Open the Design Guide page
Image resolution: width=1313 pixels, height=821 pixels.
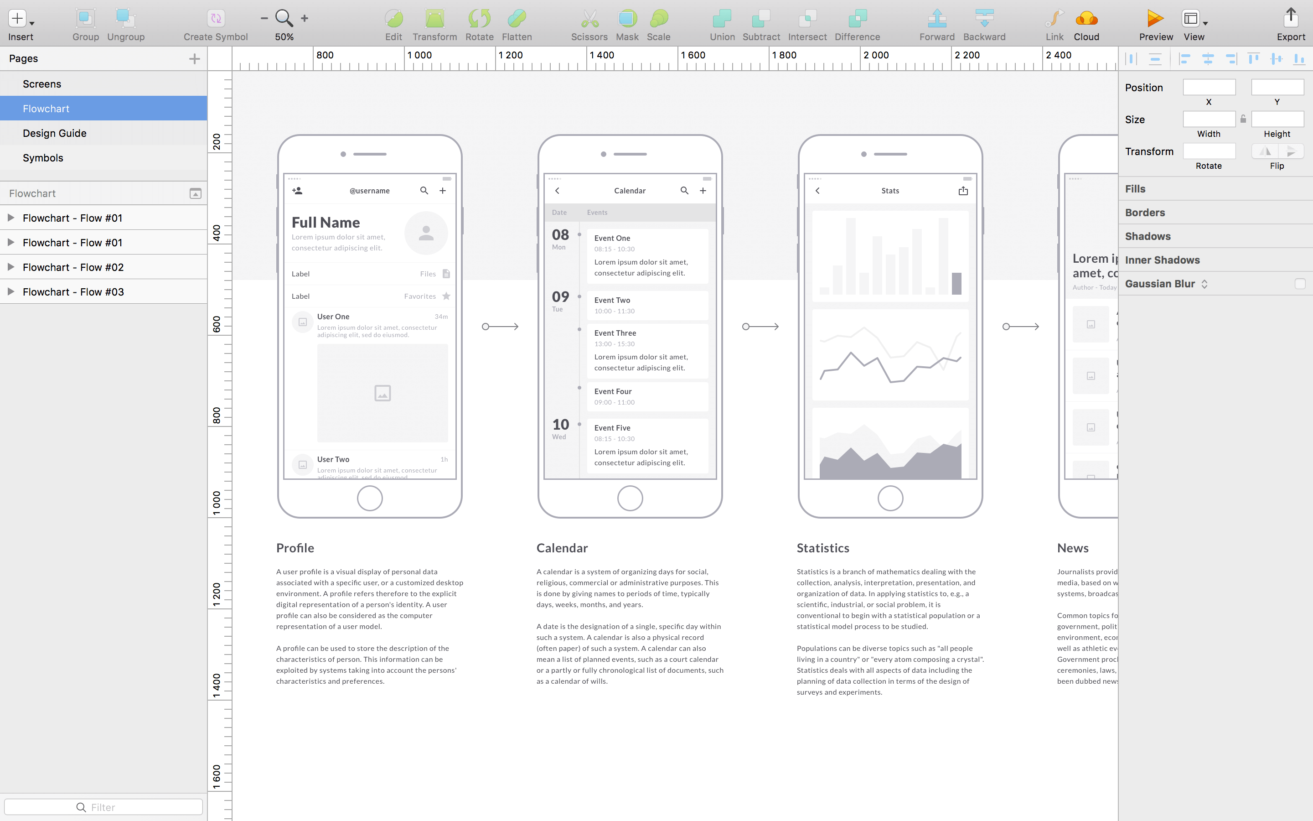click(x=54, y=133)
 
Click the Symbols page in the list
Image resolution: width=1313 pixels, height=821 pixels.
click(x=43, y=158)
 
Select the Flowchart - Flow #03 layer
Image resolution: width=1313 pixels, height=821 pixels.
click(x=73, y=291)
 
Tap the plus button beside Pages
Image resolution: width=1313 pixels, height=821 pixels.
click(x=194, y=59)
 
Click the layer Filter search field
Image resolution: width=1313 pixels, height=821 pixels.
click(x=103, y=807)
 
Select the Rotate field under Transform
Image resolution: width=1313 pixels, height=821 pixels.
click(x=1209, y=151)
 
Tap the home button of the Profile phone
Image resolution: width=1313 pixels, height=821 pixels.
click(x=369, y=498)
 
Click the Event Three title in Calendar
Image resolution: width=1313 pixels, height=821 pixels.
click(x=615, y=333)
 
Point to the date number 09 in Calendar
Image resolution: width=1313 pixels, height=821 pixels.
click(x=560, y=296)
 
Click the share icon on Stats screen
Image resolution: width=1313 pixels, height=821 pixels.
click(x=963, y=191)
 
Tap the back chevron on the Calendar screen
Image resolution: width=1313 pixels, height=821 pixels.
click(x=557, y=191)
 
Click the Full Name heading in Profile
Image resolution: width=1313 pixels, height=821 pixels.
click(x=326, y=223)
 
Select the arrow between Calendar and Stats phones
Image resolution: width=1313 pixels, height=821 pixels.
click(x=760, y=326)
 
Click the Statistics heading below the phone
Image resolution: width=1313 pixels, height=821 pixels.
click(x=822, y=548)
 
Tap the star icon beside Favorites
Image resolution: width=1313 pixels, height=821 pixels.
click(x=446, y=296)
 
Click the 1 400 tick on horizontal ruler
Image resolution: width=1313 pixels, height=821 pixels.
click(x=601, y=55)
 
